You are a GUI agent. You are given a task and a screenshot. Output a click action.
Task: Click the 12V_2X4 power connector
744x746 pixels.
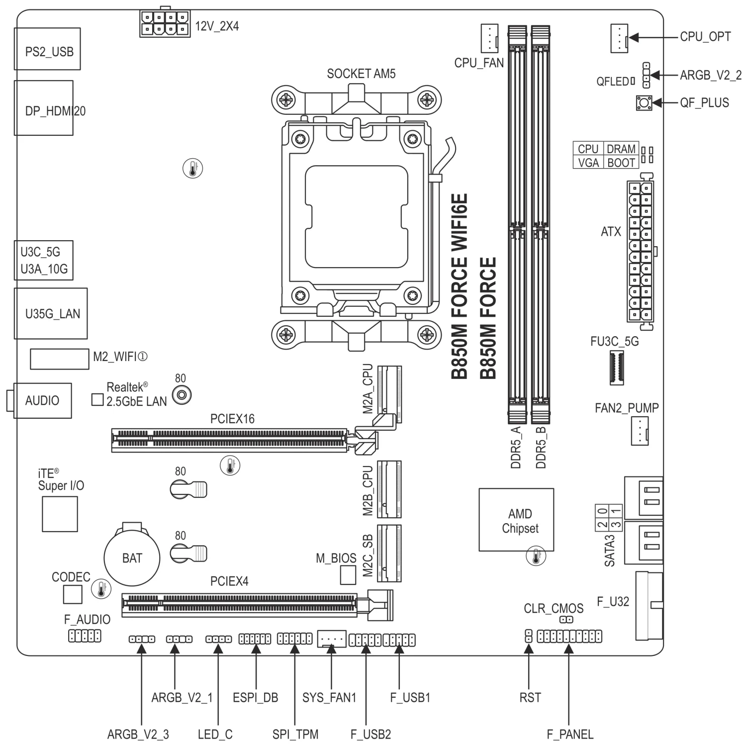(165, 23)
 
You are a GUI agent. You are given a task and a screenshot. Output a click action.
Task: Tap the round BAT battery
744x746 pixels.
(132, 558)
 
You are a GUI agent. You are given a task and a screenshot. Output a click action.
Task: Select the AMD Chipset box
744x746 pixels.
(516, 520)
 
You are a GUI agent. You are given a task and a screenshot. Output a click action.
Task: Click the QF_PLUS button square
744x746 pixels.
(644, 103)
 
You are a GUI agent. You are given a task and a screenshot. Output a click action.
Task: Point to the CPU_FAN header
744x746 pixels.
(489, 38)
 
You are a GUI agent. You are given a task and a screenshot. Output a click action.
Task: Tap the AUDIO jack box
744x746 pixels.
(42, 400)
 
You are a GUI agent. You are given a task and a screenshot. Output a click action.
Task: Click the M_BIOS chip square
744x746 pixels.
(348, 575)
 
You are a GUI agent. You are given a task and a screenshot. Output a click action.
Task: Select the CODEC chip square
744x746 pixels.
(73, 594)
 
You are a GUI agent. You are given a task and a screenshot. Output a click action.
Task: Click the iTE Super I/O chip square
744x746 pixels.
(60, 514)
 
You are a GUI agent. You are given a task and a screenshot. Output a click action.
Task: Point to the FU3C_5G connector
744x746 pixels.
(616, 367)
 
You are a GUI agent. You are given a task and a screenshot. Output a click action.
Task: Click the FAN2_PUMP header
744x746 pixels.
(640, 431)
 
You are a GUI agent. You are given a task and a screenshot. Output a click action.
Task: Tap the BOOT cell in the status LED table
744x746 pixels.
(621, 163)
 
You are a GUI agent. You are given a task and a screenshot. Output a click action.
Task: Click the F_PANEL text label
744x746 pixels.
(570, 734)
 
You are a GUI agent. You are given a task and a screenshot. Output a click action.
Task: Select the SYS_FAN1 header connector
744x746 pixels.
(331, 638)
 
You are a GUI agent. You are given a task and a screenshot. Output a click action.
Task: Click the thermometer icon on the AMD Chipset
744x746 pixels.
(536, 556)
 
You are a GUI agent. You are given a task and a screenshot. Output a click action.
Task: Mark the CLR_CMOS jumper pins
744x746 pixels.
(566, 620)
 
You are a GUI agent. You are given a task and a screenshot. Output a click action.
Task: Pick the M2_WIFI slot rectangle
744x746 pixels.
(59, 359)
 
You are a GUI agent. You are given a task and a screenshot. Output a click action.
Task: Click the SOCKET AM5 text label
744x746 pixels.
(361, 74)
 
